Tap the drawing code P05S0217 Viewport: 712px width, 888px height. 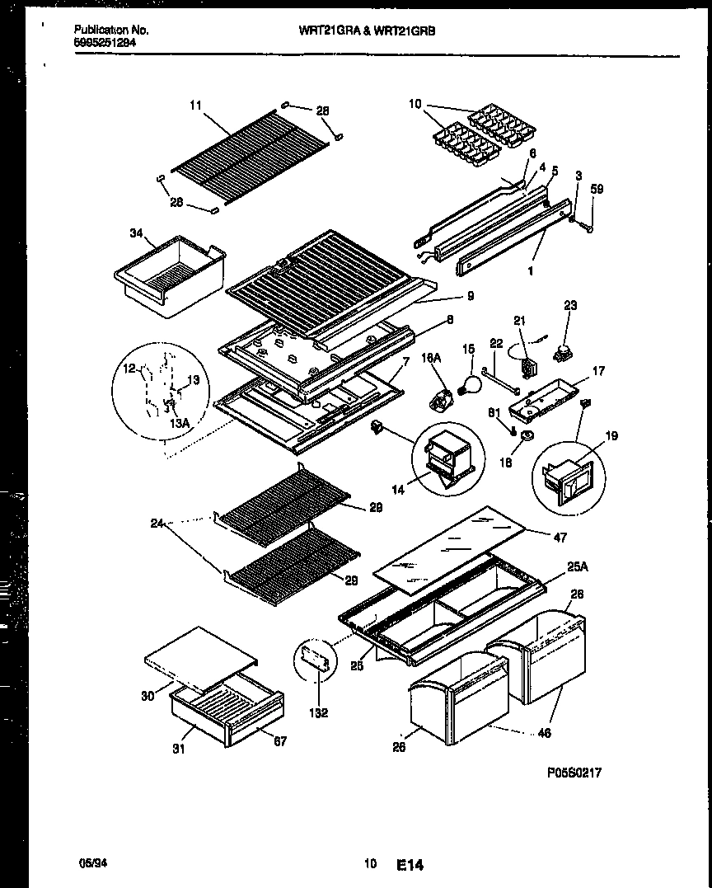[574, 773]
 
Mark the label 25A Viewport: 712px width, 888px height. [578, 567]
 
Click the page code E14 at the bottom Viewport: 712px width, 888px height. [409, 865]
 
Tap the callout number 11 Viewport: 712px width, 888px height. [194, 105]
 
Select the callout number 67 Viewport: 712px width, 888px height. [279, 741]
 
